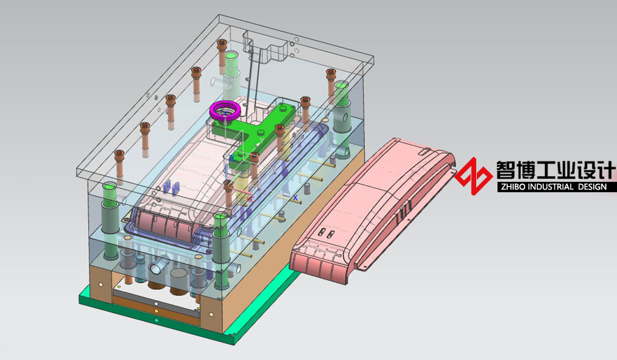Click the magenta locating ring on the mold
click(225, 105)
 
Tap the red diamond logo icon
click(474, 176)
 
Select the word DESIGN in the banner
click(592, 187)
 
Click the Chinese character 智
click(506, 170)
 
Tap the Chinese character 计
click(605, 170)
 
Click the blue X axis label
click(295, 198)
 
